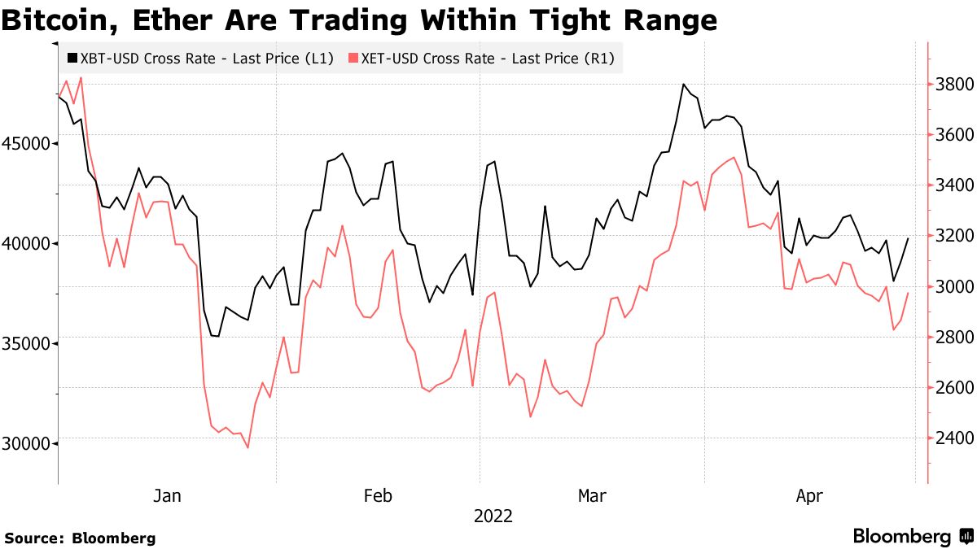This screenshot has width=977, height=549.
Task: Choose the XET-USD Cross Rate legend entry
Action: [x=480, y=59]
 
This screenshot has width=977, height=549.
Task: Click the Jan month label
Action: [x=167, y=495]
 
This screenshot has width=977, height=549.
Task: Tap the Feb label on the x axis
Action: [x=378, y=495]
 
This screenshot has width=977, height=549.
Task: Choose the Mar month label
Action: [x=592, y=495]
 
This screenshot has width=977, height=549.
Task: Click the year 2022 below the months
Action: [x=493, y=516]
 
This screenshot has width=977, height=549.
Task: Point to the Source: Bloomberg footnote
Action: [x=80, y=538]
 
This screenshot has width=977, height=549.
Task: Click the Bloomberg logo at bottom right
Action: [x=912, y=537]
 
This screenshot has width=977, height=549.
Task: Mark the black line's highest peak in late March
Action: [x=684, y=85]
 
